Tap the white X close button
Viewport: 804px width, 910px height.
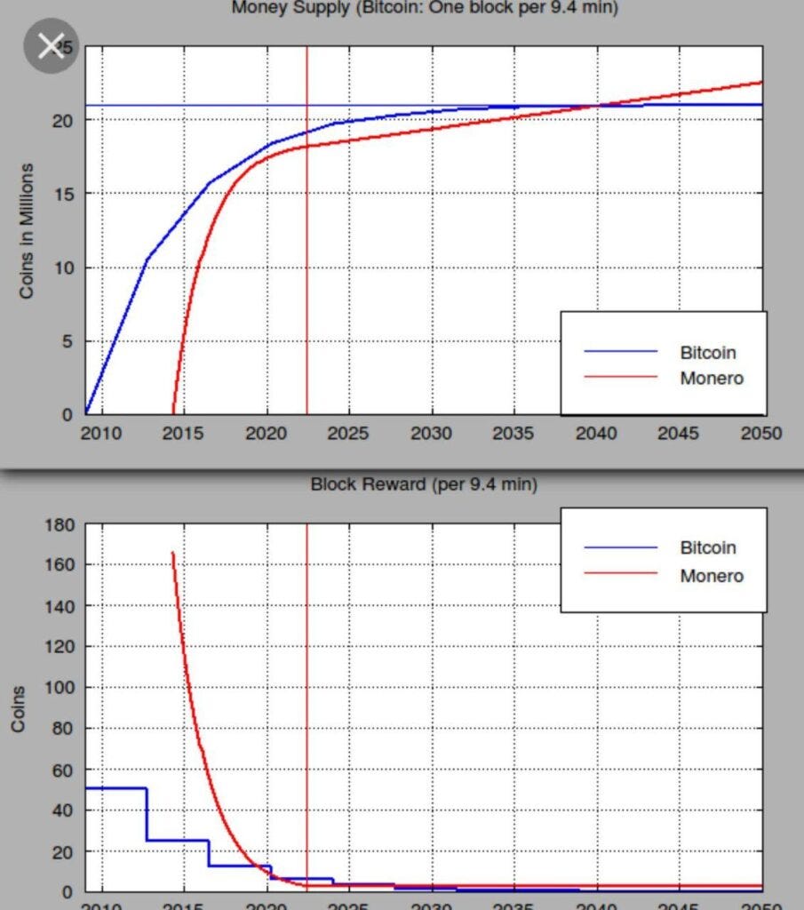52,45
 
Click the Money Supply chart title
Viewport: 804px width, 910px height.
425,8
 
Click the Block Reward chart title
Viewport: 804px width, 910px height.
424,484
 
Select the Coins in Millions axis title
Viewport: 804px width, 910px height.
27,230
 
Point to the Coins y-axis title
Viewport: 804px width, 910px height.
18,708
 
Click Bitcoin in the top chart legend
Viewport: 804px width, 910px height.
708,352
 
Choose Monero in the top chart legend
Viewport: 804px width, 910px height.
711,378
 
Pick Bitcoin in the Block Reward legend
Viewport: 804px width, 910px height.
708,547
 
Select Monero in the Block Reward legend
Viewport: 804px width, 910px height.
711,575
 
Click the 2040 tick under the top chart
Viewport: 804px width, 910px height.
596,434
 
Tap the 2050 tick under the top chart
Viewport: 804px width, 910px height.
761,434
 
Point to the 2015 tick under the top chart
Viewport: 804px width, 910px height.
184,434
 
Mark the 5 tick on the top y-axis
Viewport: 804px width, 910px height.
68,341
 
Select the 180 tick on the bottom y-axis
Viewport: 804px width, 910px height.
58,524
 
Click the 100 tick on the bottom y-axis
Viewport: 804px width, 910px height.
58,688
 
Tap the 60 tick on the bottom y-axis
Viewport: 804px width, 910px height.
62,770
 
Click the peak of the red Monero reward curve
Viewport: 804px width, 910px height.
172,553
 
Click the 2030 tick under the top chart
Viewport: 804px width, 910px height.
432,434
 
